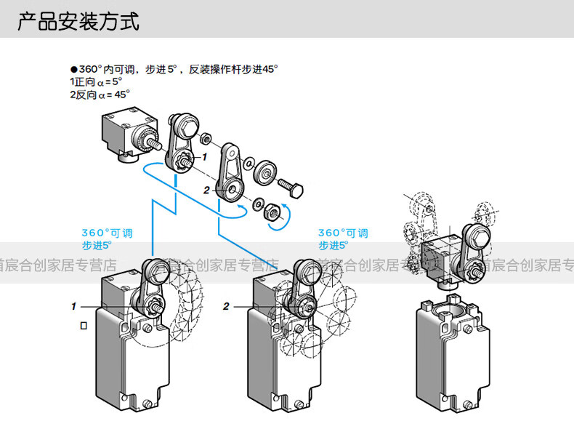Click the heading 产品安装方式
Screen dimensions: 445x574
[x=78, y=21]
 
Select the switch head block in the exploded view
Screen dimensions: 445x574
[x=124, y=131]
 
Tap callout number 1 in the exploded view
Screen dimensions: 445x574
[x=205, y=156]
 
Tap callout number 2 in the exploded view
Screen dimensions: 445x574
[x=207, y=190]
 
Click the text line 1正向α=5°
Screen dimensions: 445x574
[x=95, y=82]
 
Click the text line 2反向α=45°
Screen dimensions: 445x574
[x=100, y=94]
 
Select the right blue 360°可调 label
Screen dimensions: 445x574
[x=343, y=233]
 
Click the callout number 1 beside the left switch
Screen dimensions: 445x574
[x=73, y=306]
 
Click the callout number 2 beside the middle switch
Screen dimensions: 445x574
[x=226, y=306]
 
